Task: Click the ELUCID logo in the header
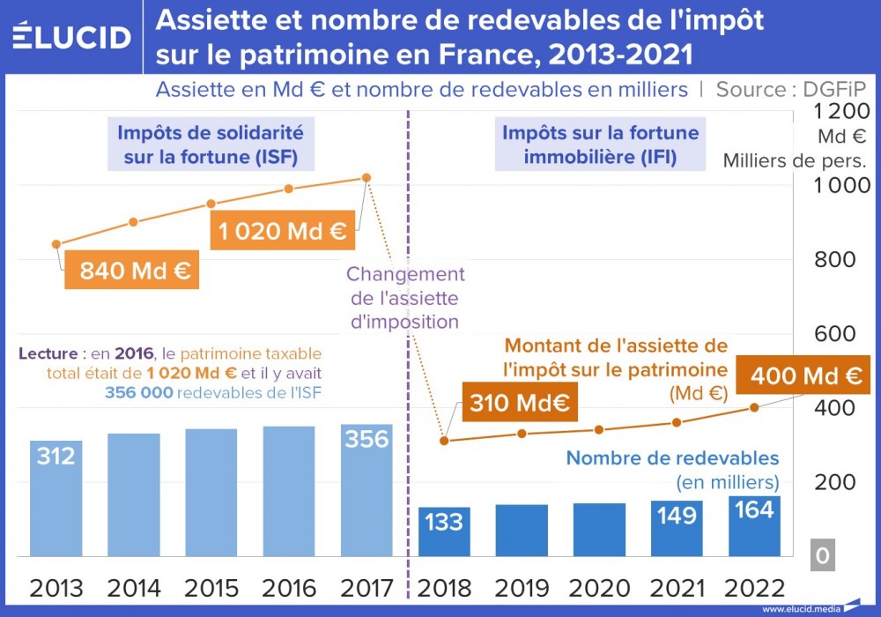tap(72, 36)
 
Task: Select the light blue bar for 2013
tap(56, 498)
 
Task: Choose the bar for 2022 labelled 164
tap(754, 526)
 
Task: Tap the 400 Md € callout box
tap(805, 376)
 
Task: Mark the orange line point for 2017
tap(366, 178)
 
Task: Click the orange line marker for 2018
tap(444, 441)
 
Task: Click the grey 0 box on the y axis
tap(822, 556)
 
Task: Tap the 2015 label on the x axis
tap(211, 588)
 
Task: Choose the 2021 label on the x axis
tap(677, 588)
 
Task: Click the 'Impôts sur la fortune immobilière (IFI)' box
tap(600, 145)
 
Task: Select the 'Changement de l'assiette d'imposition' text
tap(405, 298)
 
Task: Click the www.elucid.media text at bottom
tap(800, 608)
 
